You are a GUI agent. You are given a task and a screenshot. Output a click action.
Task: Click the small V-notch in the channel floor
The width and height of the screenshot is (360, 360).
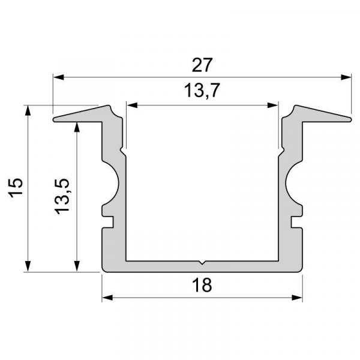click(x=202, y=262)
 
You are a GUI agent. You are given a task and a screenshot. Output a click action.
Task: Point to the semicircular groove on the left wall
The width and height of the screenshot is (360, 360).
click(x=115, y=184)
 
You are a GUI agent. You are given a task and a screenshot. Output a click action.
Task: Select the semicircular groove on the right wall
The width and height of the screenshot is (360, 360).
click(x=291, y=184)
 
